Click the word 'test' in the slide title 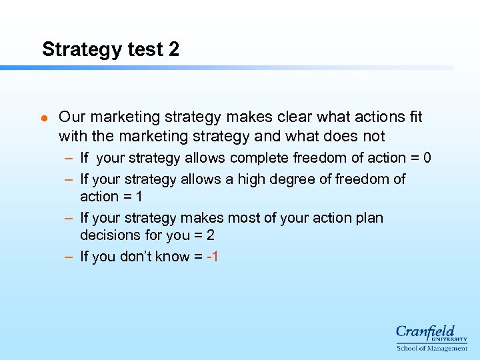click(142, 49)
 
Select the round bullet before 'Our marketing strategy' click(43, 119)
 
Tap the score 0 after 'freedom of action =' click(427, 158)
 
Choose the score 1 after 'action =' click(138, 197)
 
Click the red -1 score click(213, 257)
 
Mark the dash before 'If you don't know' click(69, 257)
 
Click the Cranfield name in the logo click(425, 331)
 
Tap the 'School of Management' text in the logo click(432, 348)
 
